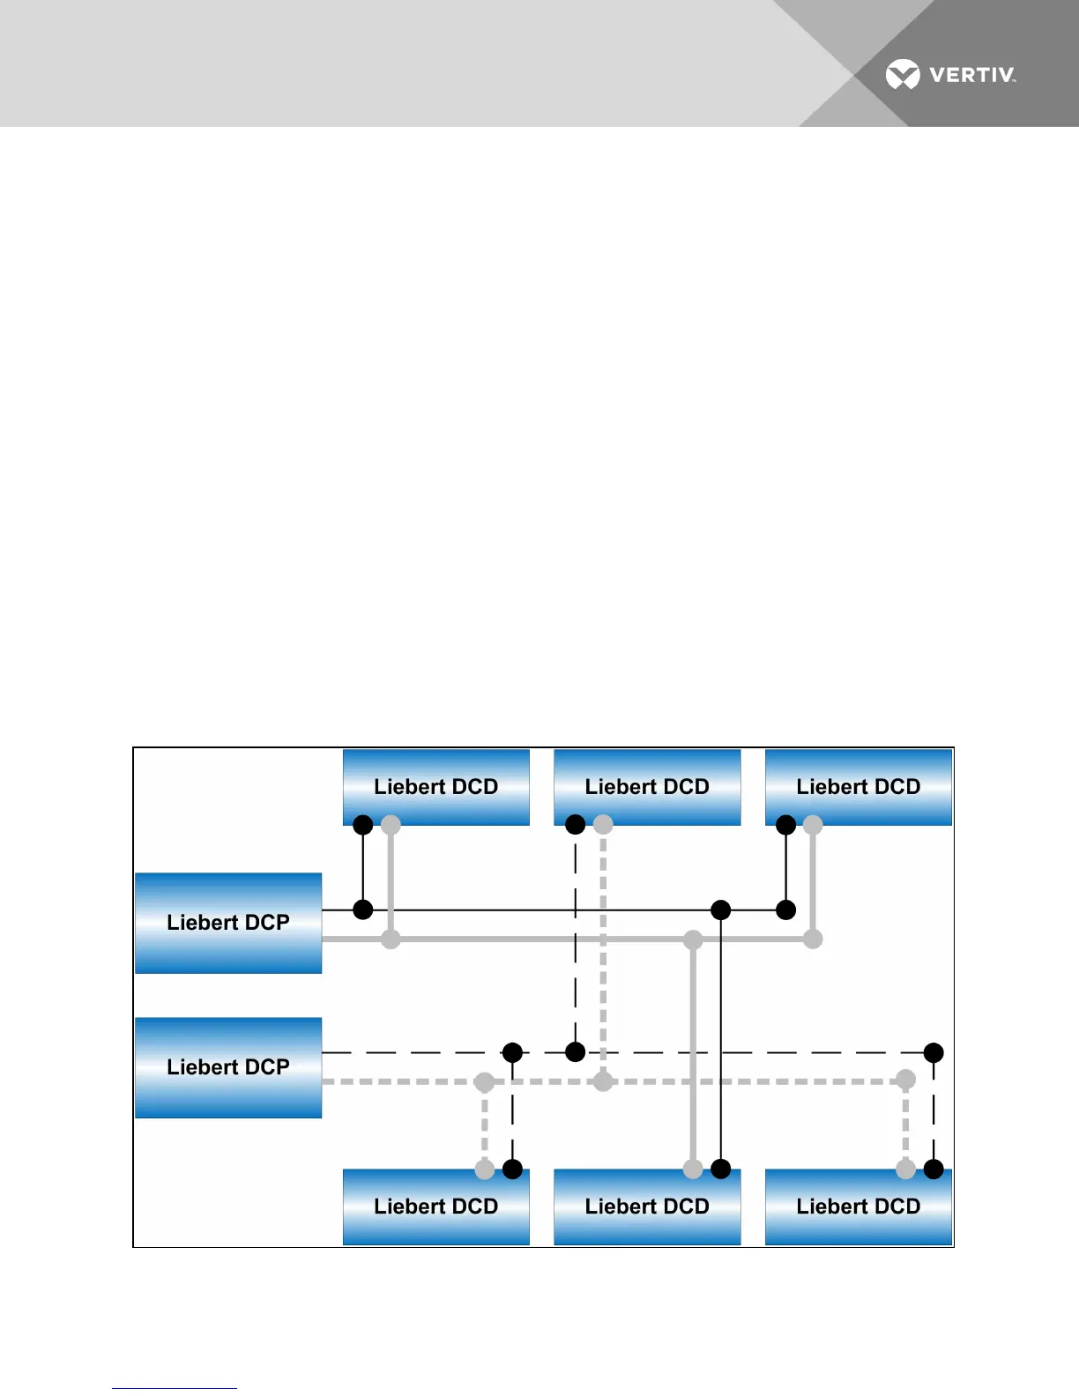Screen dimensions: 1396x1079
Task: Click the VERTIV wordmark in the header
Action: coord(971,75)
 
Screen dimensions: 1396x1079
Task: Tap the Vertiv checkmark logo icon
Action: coord(903,75)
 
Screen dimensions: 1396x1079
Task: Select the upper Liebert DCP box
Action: coord(228,923)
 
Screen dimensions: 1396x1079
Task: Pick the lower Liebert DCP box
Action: coord(228,1067)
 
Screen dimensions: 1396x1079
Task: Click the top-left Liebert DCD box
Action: coord(436,787)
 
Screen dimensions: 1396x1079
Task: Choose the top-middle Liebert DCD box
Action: coord(647,787)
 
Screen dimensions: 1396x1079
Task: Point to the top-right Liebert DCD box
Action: coord(859,787)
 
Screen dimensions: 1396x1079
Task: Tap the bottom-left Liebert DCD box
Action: coord(436,1207)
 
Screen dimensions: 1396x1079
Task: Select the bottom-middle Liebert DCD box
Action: coord(647,1207)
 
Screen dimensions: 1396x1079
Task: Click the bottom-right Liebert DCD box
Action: coord(859,1207)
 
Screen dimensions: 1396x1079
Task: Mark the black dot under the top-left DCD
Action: coord(362,825)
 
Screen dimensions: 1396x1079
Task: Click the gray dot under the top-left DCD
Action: coord(391,825)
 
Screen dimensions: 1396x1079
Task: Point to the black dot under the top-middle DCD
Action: coord(575,825)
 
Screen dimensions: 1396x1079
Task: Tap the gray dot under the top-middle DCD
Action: coord(603,825)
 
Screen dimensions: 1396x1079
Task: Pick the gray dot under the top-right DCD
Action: coord(813,825)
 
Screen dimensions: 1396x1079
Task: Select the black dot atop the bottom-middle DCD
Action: coord(721,1170)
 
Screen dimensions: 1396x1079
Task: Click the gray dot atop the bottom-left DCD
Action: coord(485,1170)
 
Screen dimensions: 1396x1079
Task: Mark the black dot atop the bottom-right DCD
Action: coord(934,1170)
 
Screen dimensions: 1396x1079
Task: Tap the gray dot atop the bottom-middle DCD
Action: coord(693,1170)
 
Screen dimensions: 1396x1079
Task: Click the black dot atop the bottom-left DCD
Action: coord(512,1170)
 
